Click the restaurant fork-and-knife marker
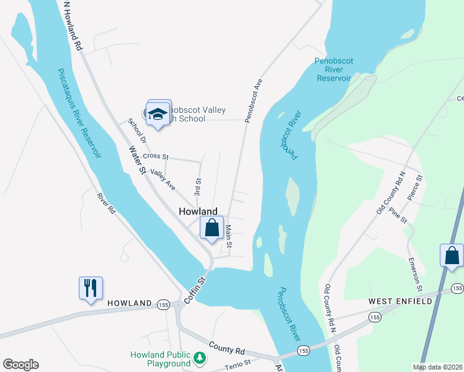point(91,288)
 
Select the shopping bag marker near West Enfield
point(452,255)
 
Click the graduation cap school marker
point(158,113)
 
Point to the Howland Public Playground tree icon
point(199,358)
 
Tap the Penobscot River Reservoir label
point(334,69)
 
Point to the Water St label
point(136,160)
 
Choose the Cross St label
point(155,156)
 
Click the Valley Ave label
point(163,180)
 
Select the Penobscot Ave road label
point(254,99)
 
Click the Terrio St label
point(238,363)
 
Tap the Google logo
point(20,365)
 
